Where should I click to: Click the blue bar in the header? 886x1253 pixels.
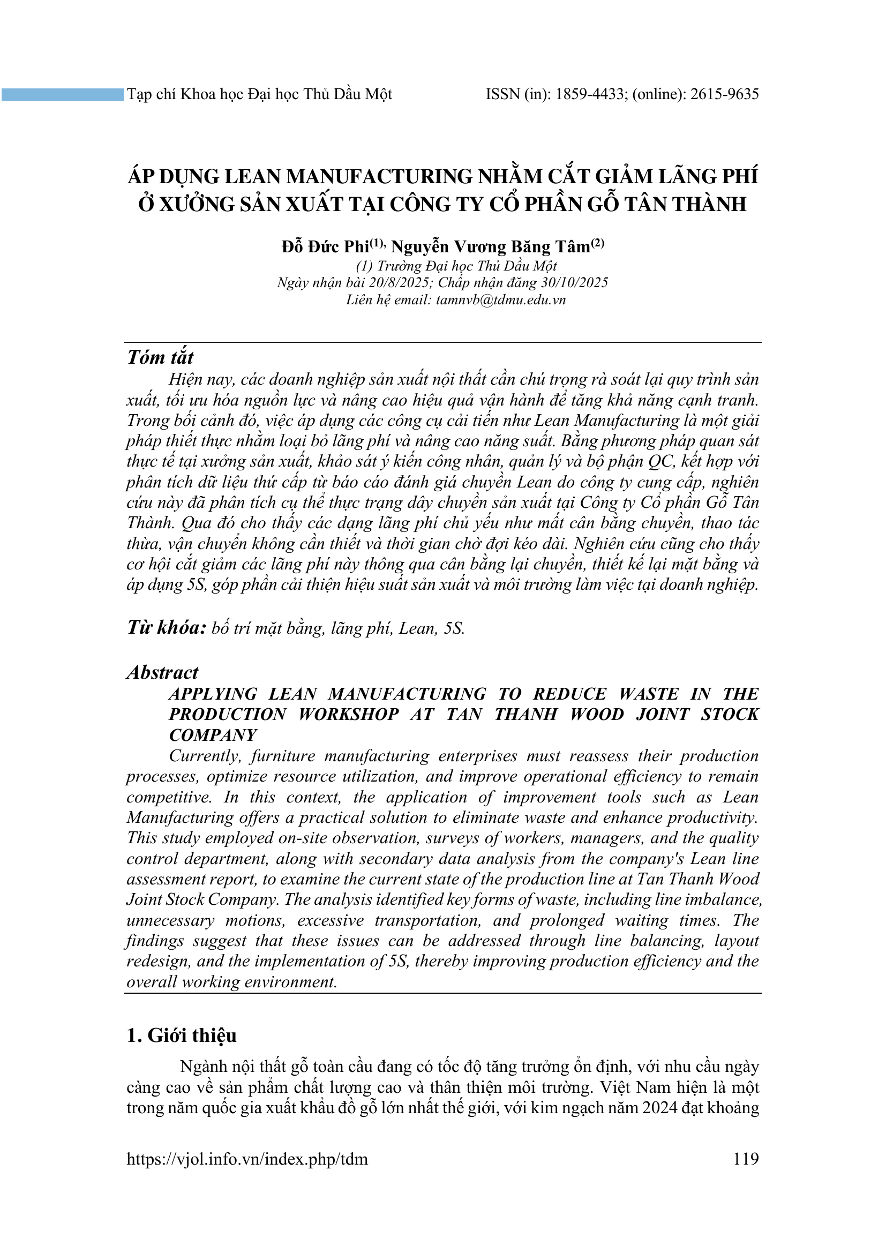coord(62,95)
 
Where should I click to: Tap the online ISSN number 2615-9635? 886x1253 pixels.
coord(725,94)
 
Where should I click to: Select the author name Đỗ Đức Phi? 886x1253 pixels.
coord(325,247)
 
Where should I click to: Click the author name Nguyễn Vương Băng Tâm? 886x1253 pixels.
coord(491,247)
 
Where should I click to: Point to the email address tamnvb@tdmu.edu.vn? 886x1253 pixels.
coord(500,299)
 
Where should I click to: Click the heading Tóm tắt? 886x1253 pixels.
coord(160,357)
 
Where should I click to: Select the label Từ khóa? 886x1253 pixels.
coord(167,628)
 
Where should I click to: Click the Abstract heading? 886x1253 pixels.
coord(163,672)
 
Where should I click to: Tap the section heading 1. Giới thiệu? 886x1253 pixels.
coord(181,1036)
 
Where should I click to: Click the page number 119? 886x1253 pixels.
coord(746,1159)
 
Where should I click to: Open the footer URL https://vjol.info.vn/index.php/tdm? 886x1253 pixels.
coord(247,1159)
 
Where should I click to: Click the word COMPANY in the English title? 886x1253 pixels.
coord(213,735)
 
